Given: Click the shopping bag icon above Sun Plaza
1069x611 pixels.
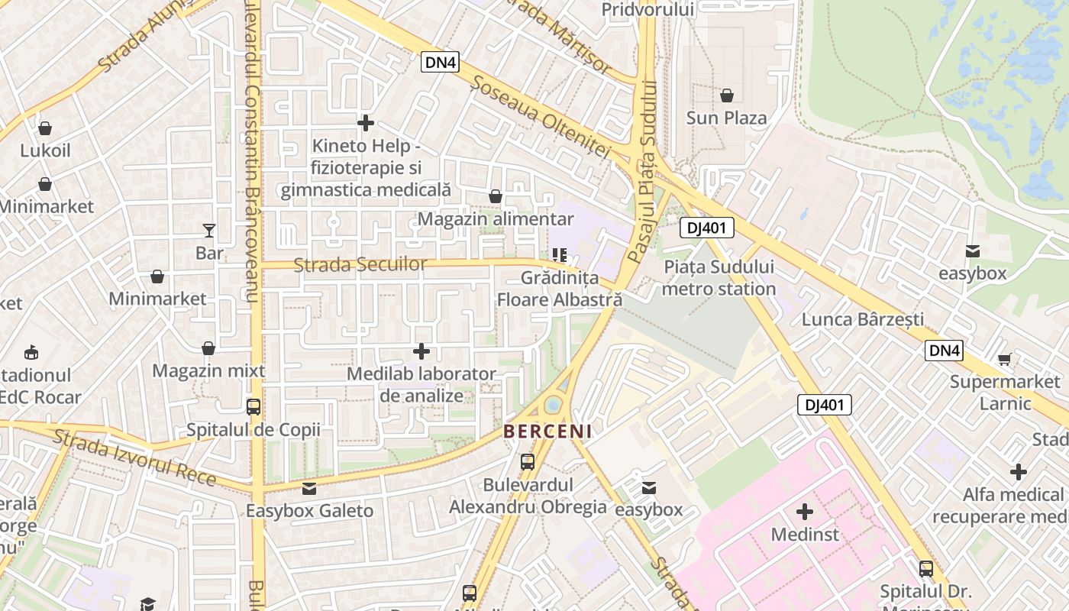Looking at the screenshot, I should pos(726,95).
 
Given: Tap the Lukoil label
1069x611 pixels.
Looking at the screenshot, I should pos(45,150).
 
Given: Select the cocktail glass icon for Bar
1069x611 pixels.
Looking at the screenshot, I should pos(209,230).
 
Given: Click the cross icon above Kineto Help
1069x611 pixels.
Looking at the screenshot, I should pos(366,122).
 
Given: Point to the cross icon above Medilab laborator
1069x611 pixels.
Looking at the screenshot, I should pos(421,351).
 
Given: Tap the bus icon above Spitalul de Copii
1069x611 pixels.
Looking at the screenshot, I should pos(254,407).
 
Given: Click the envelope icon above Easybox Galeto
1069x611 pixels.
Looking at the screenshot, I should pos(309,488).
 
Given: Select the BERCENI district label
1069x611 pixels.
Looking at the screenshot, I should pos(547,432).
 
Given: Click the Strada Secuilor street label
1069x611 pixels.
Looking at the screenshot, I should pos(360,264).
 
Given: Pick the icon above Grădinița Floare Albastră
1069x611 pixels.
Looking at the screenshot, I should pos(560,254).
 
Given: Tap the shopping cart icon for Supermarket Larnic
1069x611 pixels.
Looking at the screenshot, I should pos(1005,359).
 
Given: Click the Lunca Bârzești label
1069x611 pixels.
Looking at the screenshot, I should pos(862,319).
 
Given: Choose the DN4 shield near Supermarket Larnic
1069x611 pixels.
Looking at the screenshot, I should pos(944,351).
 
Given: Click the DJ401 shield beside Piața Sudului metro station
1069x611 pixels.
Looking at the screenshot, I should pos(706,228).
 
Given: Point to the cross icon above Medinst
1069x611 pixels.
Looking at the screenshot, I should pos(804,511).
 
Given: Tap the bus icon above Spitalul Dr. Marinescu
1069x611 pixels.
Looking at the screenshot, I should pos(925,568).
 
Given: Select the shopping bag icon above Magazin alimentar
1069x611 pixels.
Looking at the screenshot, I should pos(495,196).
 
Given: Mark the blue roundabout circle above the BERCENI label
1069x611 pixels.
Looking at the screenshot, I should pos(554,404).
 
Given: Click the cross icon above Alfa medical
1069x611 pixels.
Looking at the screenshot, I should pos(1018,472).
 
